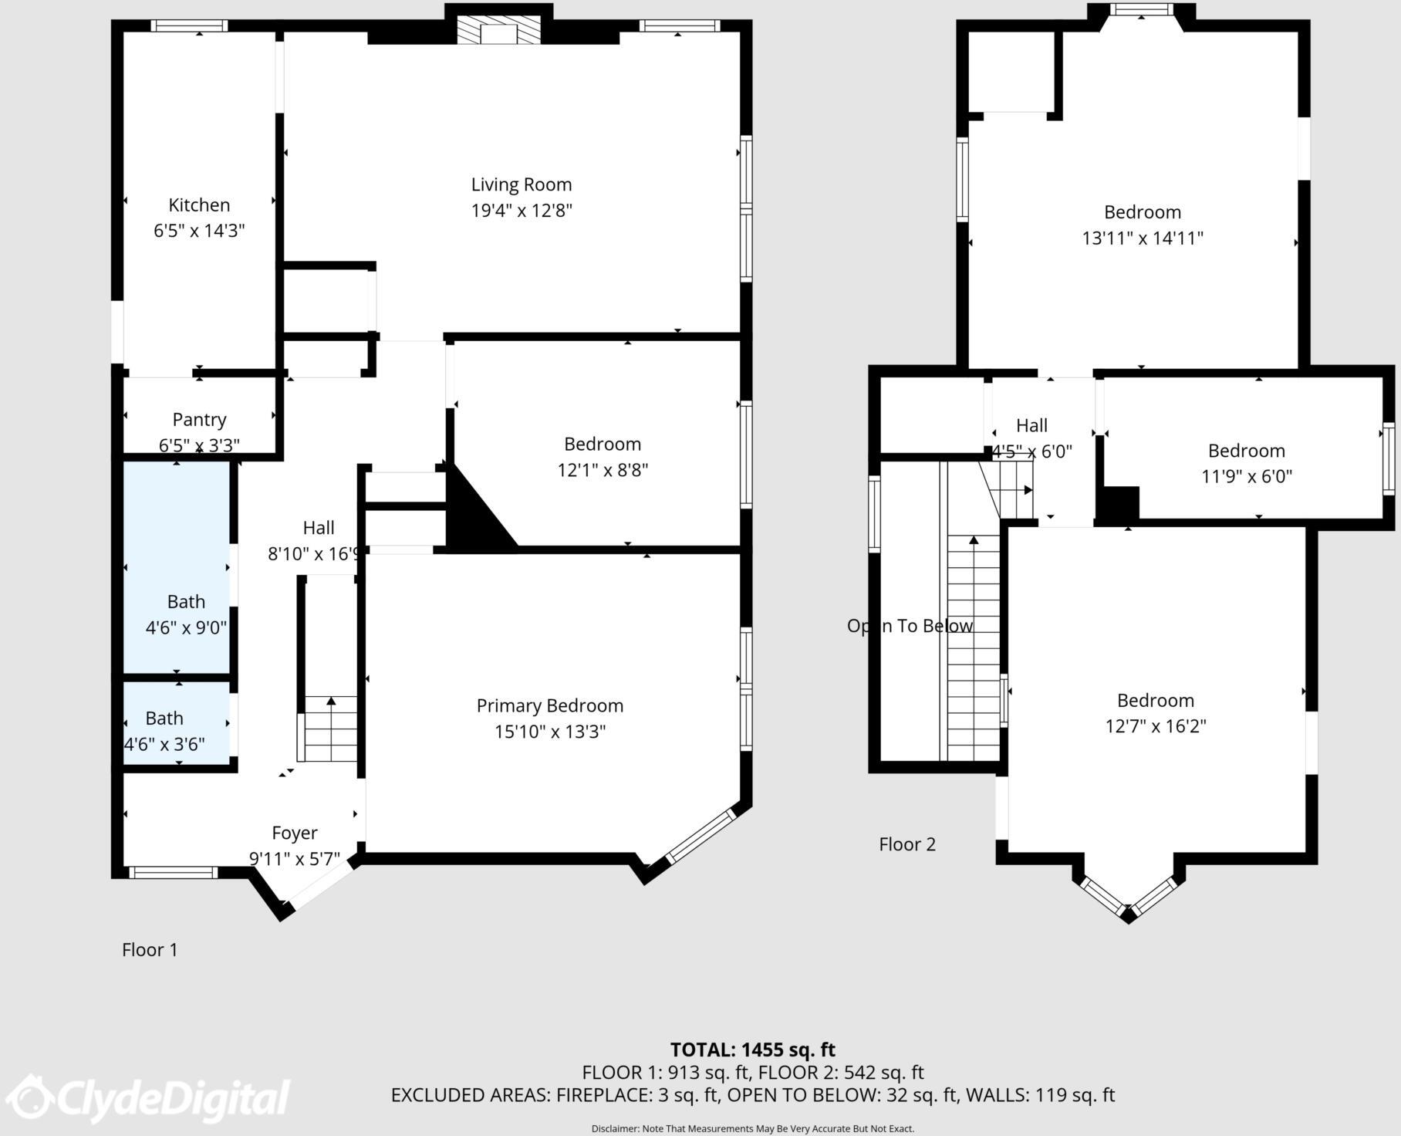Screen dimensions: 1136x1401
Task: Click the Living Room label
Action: tap(522, 184)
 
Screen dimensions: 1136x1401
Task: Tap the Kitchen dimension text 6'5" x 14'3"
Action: tap(199, 231)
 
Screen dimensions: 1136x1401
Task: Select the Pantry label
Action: tap(199, 420)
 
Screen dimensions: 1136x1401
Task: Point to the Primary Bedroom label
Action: tap(549, 705)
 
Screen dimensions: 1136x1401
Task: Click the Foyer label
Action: tap(295, 833)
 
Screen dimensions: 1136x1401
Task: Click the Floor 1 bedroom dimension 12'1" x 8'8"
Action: tap(603, 470)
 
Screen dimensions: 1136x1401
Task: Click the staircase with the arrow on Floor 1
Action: tap(331, 729)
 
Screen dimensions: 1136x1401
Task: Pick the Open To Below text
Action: tap(910, 626)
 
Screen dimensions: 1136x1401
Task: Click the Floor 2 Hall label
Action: tap(1031, 425)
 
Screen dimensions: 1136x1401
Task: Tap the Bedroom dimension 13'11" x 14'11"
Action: tap(1143, 238)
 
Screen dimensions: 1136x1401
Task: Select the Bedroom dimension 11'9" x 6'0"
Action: tap(1246, 477)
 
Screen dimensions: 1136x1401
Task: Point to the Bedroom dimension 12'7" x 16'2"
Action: tap(1155, 726)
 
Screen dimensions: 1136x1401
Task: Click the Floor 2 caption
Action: tap(907, 844)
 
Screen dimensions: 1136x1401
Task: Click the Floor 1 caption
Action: tap(150, 949)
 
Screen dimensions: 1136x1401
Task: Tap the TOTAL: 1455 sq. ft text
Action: tap(752, 1050)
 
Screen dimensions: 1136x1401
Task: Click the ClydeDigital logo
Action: tap(150, 1097)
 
